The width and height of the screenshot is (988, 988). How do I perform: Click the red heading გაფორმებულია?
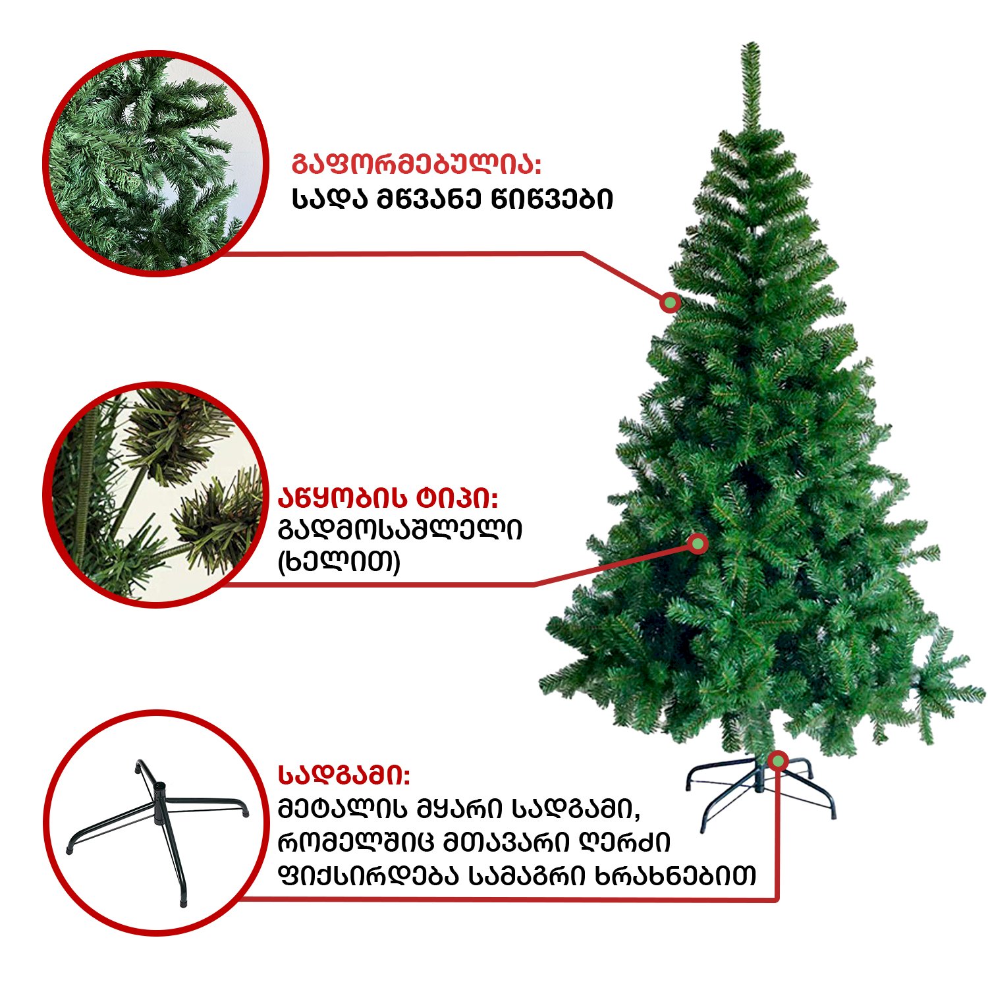click(416, 165)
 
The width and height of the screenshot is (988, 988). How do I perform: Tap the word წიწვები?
click(552, 199)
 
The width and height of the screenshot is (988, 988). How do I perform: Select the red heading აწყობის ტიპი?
click(388, 499)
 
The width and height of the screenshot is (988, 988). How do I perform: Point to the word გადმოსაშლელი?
click(400, 530)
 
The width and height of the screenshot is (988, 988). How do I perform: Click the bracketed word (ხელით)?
click(339, 563)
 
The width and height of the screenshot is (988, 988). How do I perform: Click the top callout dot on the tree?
click(671, 302)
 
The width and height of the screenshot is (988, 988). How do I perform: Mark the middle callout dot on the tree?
click(698, 543)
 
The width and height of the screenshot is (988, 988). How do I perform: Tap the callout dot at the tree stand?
click(779, 761)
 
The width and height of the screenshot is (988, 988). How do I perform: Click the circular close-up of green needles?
click(155, 163)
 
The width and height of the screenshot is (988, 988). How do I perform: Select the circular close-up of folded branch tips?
click(155, 495)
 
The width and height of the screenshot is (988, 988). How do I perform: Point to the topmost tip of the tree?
click(750, 44)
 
